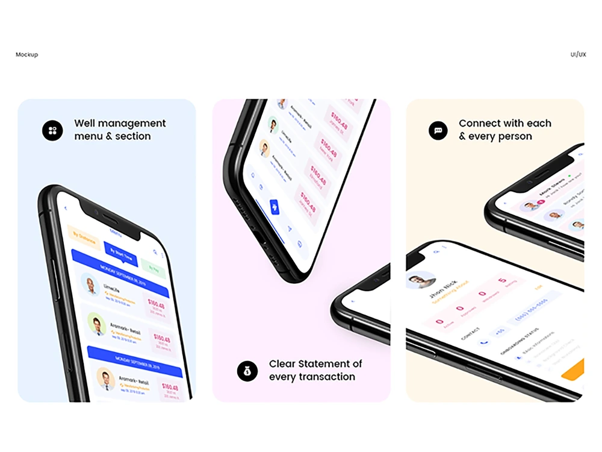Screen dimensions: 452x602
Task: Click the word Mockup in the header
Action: point(26,55)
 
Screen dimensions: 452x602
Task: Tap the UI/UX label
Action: point(578,55)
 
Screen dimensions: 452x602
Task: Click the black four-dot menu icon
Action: point(52,130)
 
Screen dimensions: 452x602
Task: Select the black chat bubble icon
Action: point(438,130)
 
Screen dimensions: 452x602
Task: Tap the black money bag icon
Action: point(247,371)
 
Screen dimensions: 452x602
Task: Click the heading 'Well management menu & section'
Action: point(119,130)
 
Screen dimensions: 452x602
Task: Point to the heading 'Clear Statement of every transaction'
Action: point(315,371)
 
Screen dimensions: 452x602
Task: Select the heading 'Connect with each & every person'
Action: point(504,130)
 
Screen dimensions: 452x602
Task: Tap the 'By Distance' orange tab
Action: point(84,237)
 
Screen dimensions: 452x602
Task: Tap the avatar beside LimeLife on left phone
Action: point(91,285)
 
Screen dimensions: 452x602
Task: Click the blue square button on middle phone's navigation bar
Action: point(275,207)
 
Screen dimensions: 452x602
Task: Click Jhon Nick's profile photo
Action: point(421,280)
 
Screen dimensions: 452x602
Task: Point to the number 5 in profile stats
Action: point(502,280)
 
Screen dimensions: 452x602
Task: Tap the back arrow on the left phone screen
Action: point(66,209)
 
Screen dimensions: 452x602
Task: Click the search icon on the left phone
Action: point(155,252)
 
